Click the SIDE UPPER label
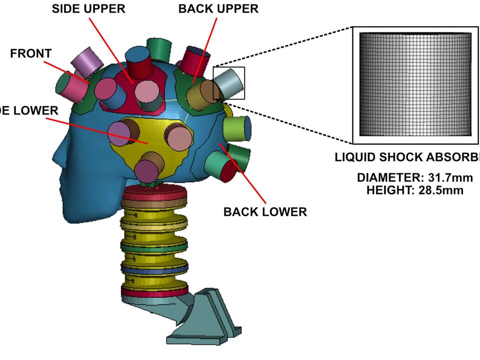[88, 9]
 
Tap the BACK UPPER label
[218, 9]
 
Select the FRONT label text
[31, 53]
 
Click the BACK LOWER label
[265, 211]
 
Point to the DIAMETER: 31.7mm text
[414, 178]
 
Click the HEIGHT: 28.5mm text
[414, 190]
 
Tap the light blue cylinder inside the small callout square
[230, 83]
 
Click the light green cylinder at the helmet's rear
[237, 128]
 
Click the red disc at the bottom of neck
[154, 291]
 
